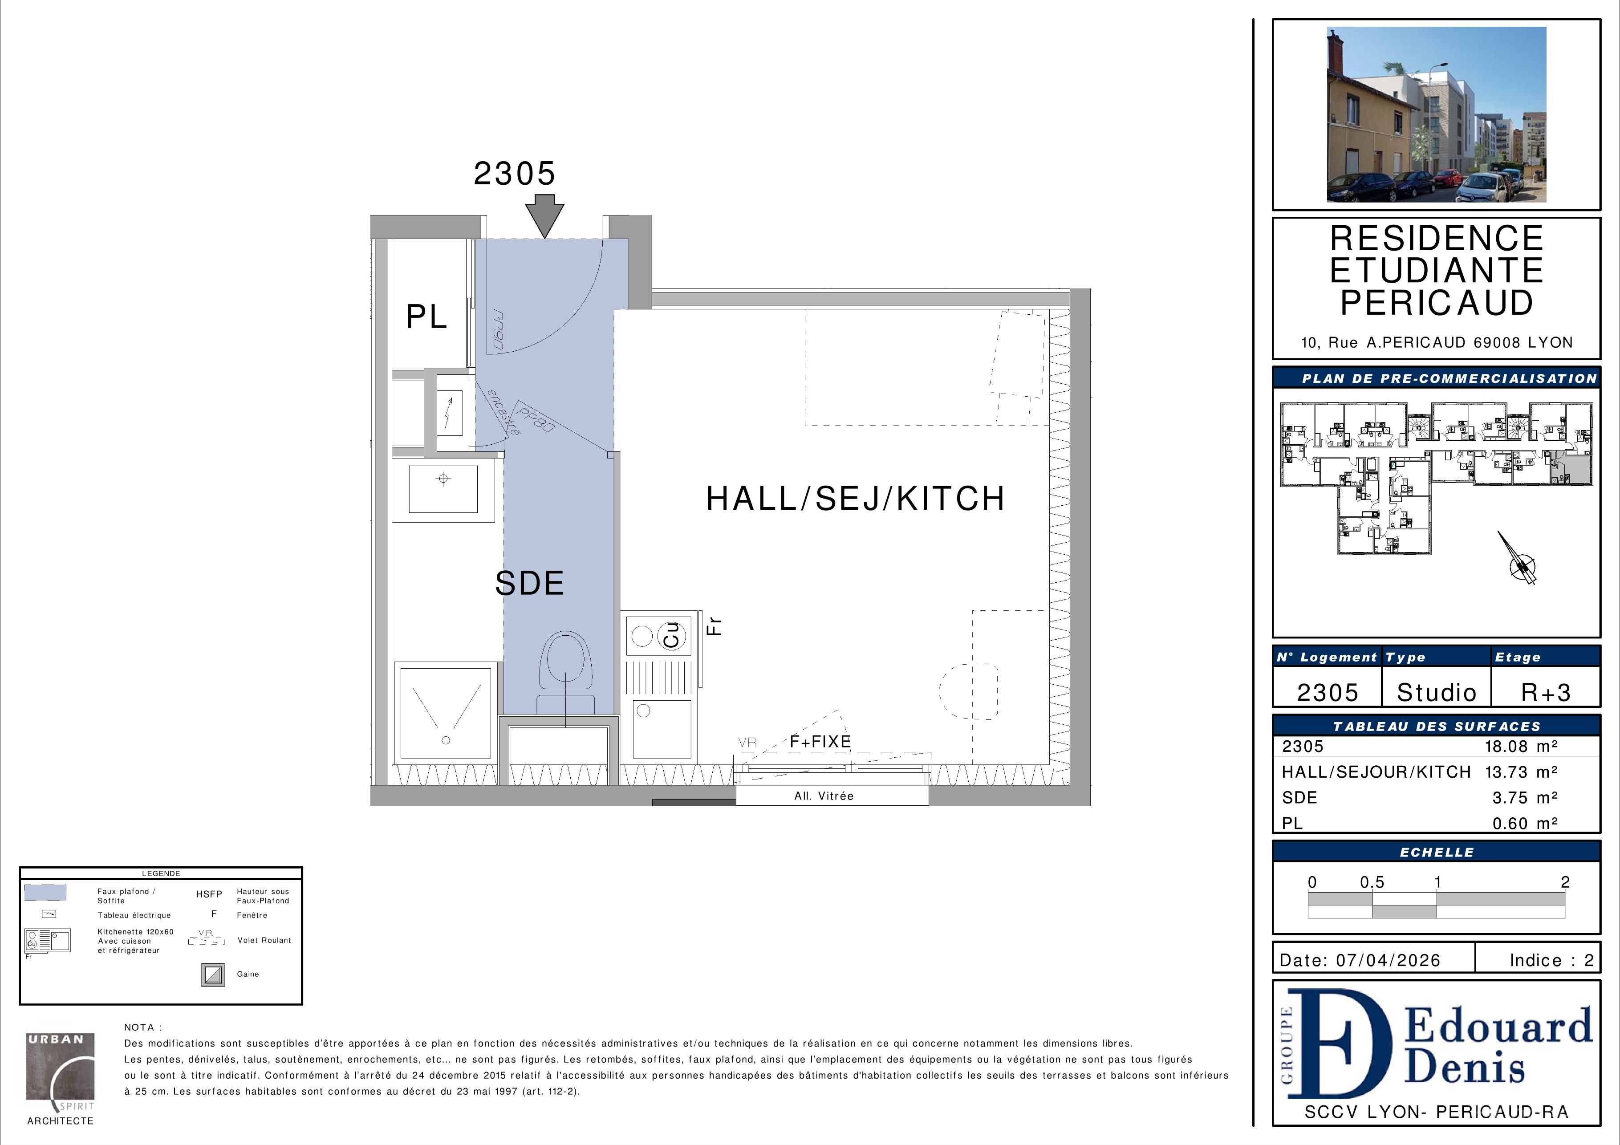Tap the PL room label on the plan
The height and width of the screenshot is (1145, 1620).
(x=427, y=317)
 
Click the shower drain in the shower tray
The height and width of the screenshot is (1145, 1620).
(x=445, y=740)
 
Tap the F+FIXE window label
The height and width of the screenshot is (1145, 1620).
(x=820, y=742)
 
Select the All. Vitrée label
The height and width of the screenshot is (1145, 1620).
(x=824, y=796)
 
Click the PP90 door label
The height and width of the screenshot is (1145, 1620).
(x=497, y=331)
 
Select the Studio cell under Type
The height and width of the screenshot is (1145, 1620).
(x=1437, y=692)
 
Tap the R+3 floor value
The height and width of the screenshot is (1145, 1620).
(x=1546, y=692)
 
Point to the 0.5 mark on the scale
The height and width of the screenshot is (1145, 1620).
(x=1372, y=882)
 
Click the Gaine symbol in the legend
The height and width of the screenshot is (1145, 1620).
(x=213, y=975)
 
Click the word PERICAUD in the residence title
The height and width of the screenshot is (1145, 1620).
(x=1437, y=303)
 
